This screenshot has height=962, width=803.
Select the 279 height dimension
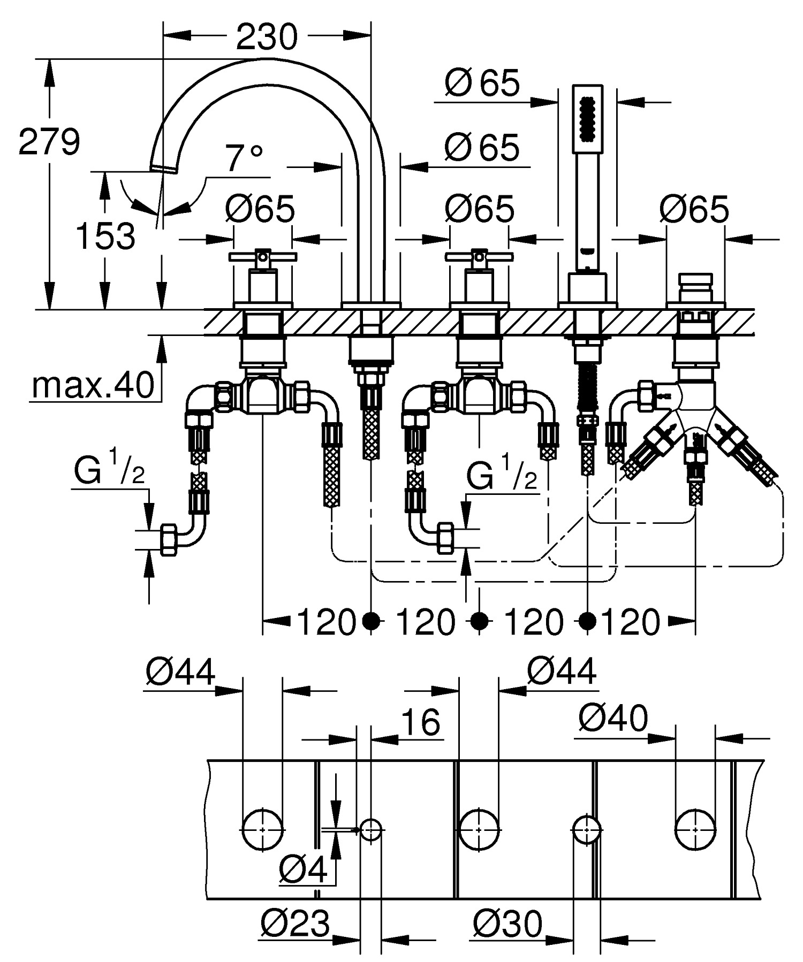[49, 142]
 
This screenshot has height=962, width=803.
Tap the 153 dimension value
[105, 236]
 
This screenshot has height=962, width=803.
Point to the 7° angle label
[243, 158]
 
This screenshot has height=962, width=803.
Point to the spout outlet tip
[163, 168]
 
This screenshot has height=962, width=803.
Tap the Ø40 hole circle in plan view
[695, 829]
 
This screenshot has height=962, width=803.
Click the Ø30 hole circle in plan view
[587, 829]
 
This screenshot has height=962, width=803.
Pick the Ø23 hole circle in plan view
[371, 829]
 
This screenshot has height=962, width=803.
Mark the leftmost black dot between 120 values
[371, 621]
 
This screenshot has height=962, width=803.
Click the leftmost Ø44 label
[180, 671]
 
